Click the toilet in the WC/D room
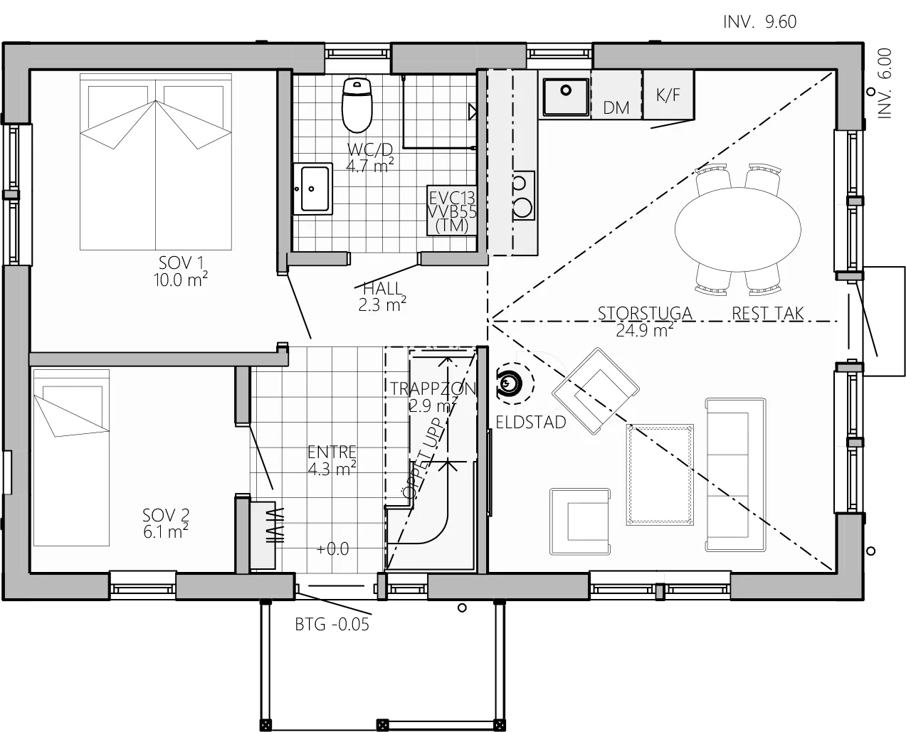pyautogui.click(x=357, y=105)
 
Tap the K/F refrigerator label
pyautogui.click(x=668, y=95)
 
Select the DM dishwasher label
pyautogui.click(x=616, y=108)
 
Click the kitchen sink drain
pyautogui.click(x=566, y=90)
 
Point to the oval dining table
pyautogui.click(x=737, y=230)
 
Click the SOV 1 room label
pyautogui.click(x=181, y=271)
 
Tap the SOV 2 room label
pyautogui.click(x=165, y=524)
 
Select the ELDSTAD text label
pyautogui.click(x=531, y=423)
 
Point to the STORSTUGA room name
pyautogui.click(x=645, y=313)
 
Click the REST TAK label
pyautogui.click(x=768, y=313)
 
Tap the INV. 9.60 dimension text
pyautogui.click(x=759, y=21)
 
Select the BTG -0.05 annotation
pyautogui.click(x=332, y=625)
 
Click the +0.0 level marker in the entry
pyautogui.click(x=332, y=548)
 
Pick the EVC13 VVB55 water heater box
pyautogui.click(x=452, y=211)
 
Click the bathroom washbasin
pyautogui.click(x=312, y=189)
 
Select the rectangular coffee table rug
pyautogui.click(x=660, y=474)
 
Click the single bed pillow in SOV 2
pyautogui.click(x=73, y=410)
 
